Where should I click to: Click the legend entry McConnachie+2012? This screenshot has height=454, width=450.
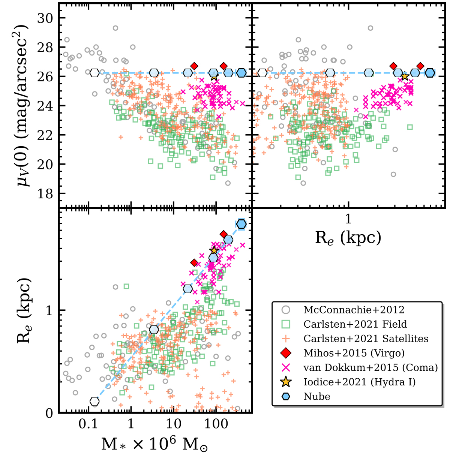click(354, 310)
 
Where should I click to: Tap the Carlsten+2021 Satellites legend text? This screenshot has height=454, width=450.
click(366, 339)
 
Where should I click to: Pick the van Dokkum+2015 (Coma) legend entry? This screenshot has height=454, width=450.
click(370, 367)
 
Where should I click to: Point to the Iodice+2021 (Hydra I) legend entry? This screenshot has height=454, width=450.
click(359, 382)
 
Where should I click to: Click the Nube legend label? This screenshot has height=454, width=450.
click(317, 397)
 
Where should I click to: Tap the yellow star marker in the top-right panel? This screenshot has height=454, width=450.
click(405, 76)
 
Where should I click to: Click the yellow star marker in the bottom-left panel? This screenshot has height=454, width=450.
click(214, 250)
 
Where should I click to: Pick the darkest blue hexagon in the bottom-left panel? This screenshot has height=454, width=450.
click(241, 224)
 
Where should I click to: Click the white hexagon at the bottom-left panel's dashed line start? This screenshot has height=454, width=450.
click(94, 401)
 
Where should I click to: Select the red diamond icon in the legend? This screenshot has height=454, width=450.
click(286, 353)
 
